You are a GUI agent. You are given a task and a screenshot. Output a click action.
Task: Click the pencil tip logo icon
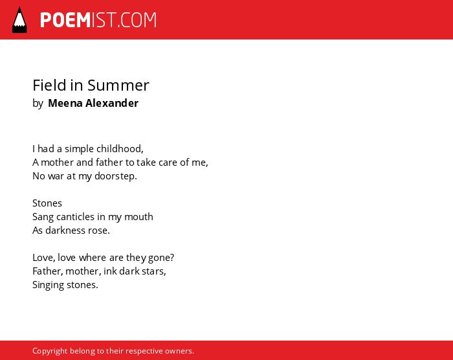tap(19, 20)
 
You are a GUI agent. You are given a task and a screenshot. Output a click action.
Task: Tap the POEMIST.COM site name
tap(98, 20)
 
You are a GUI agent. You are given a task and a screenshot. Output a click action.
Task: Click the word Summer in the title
tap(118, 85)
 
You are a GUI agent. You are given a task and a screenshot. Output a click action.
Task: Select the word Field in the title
tap(49, 85)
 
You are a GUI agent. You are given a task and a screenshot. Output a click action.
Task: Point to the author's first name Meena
tap(65, 103)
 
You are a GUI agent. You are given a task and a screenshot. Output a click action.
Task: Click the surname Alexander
tap(112, 103)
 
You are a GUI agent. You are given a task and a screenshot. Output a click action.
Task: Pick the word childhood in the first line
tap(120, 149)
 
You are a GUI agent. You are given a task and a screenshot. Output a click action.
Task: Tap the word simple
tap(79, 149)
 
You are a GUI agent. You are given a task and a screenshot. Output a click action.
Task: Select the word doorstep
tap(116, 176)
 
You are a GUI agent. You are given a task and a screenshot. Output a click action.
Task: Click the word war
tap(56, 176)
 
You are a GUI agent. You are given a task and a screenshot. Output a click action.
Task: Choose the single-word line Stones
tap(47, 203)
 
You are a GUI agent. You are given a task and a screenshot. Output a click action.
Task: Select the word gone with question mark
tap(161, 258)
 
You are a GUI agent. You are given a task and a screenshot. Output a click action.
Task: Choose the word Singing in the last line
tap(49, 285)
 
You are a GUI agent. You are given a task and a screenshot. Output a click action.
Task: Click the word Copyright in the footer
tap(50, 351)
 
